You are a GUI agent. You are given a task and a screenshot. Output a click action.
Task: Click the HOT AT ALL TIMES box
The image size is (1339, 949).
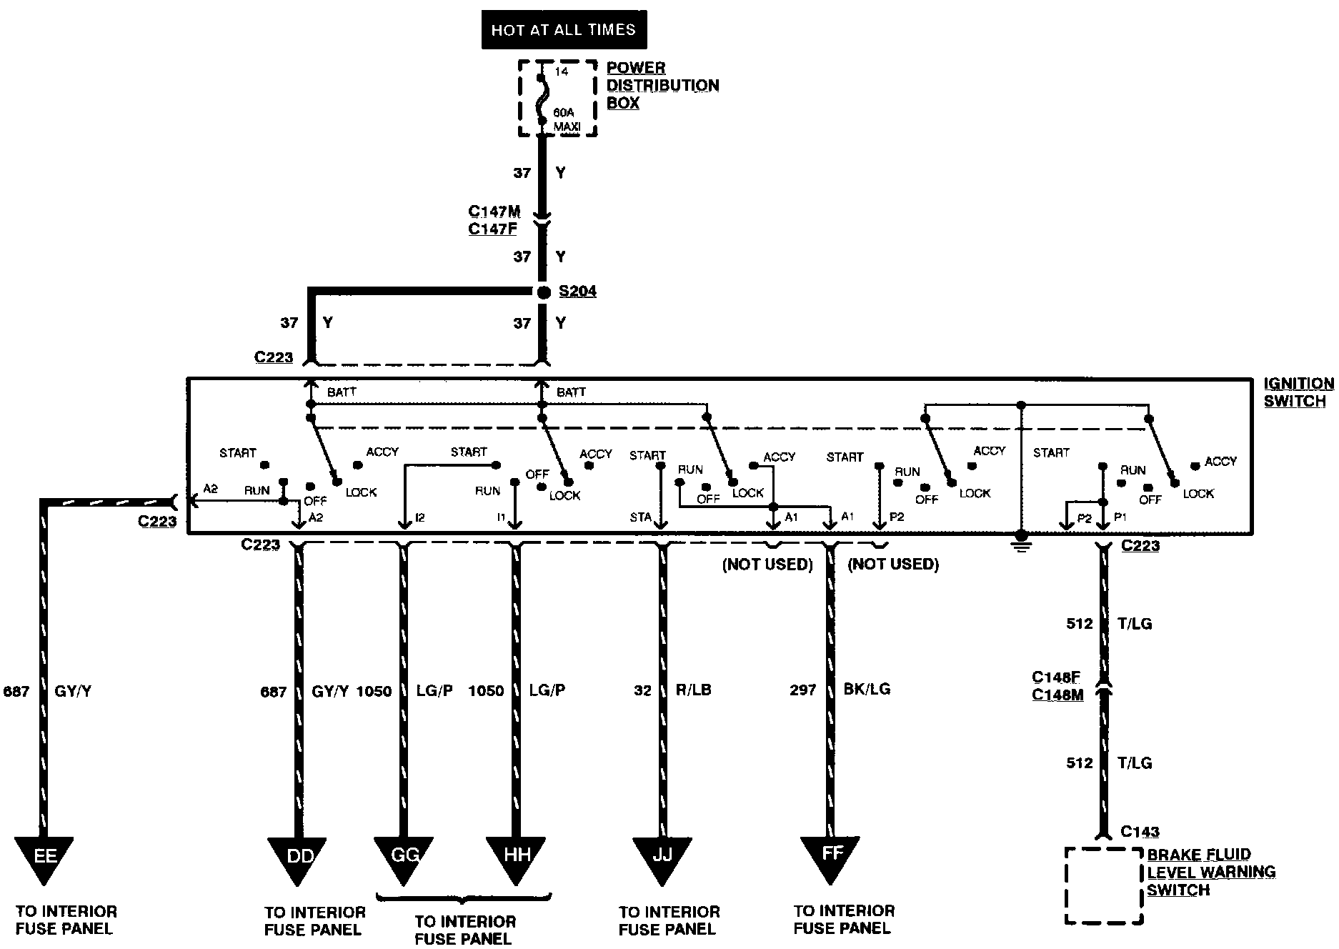564,30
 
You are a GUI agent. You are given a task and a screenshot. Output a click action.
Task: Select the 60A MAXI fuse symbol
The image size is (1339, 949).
542,98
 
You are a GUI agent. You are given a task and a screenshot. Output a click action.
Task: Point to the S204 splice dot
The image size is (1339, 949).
544,292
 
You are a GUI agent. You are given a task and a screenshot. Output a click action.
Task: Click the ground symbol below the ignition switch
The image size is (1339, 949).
1022,542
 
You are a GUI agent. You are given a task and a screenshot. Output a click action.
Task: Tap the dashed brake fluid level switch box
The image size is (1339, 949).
1104,886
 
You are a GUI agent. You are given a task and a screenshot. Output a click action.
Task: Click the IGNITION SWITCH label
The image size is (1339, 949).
1298,392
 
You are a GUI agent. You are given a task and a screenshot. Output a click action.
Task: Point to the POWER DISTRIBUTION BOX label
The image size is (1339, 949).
662,85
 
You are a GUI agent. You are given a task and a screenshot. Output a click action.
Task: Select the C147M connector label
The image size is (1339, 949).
494,212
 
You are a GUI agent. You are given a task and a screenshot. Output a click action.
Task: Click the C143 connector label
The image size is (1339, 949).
1140,831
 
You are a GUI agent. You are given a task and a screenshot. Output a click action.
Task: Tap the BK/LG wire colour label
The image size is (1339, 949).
867,690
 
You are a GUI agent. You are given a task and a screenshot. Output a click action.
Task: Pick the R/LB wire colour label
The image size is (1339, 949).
693,690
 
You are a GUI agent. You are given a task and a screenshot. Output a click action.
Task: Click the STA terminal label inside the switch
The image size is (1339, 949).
640,517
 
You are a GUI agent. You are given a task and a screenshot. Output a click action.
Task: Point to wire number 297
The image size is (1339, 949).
802,690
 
